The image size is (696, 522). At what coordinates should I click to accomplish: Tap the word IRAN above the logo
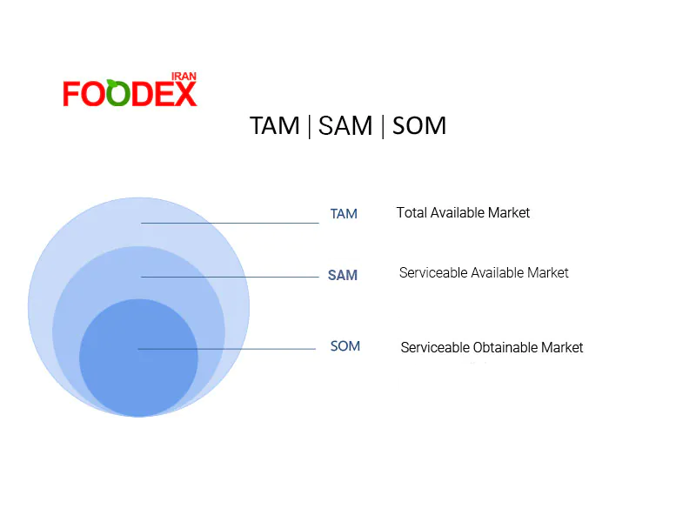click(x=184, y=77)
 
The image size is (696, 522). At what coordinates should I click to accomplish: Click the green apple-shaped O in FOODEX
click(x=120, y=94)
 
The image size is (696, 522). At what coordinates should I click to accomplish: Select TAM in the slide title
click(x=275, y=126)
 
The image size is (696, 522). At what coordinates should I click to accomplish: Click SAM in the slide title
click(x=345, y=126)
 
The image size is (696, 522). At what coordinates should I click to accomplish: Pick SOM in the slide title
click(x=419, y=126)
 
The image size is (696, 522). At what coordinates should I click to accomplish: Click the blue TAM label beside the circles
click(x=344, y=214)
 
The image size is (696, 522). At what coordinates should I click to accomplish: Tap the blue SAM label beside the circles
click(x=343, y=276)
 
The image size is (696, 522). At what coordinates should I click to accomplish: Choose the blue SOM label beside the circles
click(x=345, y=346)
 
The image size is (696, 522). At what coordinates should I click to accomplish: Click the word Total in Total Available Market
click(x=412, y=212)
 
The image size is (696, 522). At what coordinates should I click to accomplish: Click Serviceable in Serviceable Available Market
click(x=432, y=273)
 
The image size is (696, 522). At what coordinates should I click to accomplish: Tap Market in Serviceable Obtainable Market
click(x=562, y=348)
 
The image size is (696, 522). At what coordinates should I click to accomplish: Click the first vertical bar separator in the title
click(x=309, y=126)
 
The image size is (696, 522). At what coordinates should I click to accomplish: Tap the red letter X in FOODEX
click(x=185, y=94)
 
